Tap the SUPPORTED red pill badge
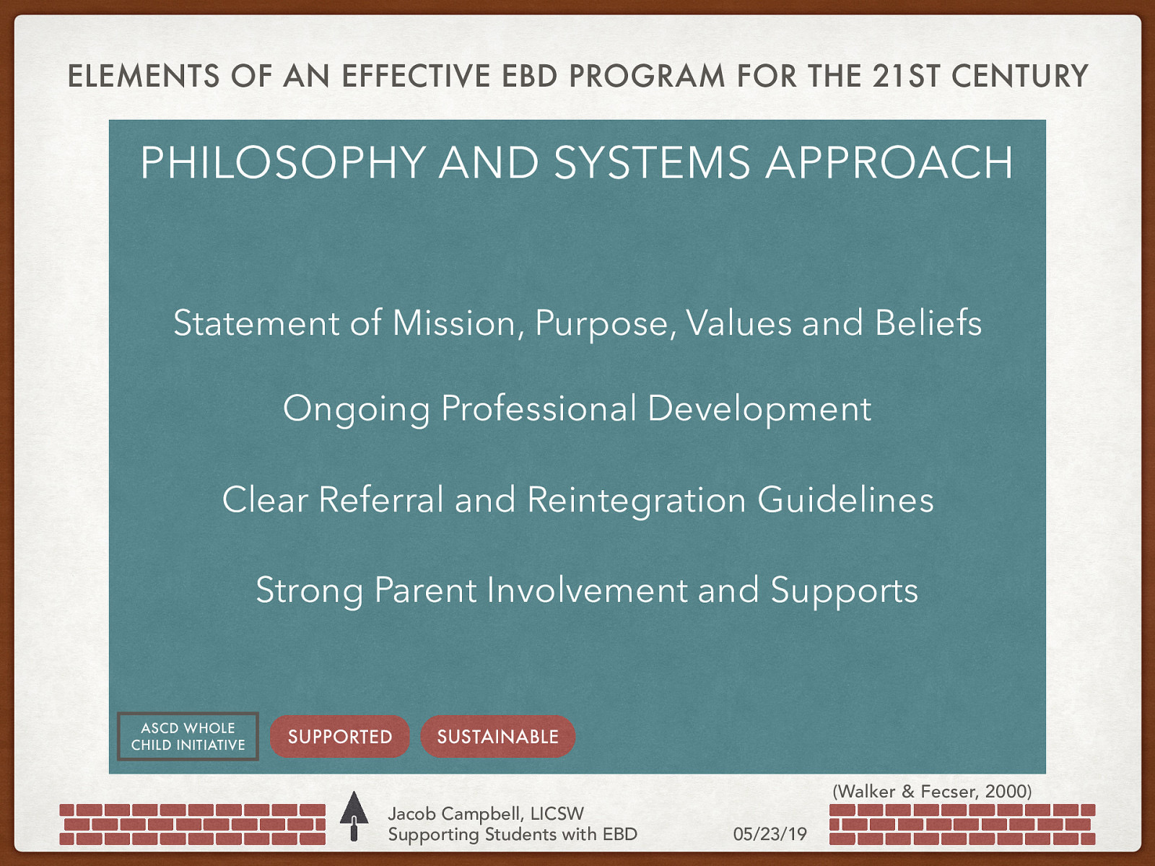[339, 737]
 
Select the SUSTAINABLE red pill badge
[497, 737]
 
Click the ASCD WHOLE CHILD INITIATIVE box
[188, 737]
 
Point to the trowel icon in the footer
[354, 815]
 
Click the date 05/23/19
[770, 834]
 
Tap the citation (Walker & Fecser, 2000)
[932, 791]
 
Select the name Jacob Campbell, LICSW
[485, 813]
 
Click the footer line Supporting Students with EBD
[513, 834]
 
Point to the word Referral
[381, 499]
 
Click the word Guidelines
[845, 499]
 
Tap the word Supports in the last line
[844, 591]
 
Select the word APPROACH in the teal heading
[889, 162]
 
